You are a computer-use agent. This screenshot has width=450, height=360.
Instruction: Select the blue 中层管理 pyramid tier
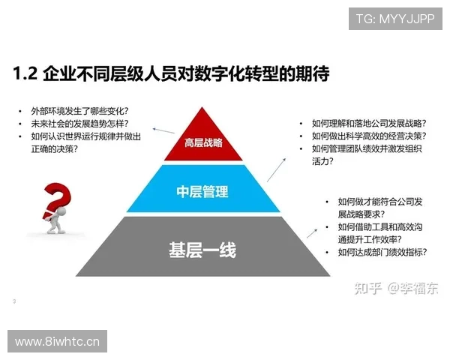coord(202,190)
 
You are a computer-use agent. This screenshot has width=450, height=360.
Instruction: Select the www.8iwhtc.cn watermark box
coord(57,342)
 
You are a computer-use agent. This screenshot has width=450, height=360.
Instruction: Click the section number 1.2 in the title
coord(27,74)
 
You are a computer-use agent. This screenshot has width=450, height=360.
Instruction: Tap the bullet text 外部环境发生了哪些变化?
coord(79,110)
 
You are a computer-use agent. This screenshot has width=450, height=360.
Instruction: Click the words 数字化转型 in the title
coord(226,74)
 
